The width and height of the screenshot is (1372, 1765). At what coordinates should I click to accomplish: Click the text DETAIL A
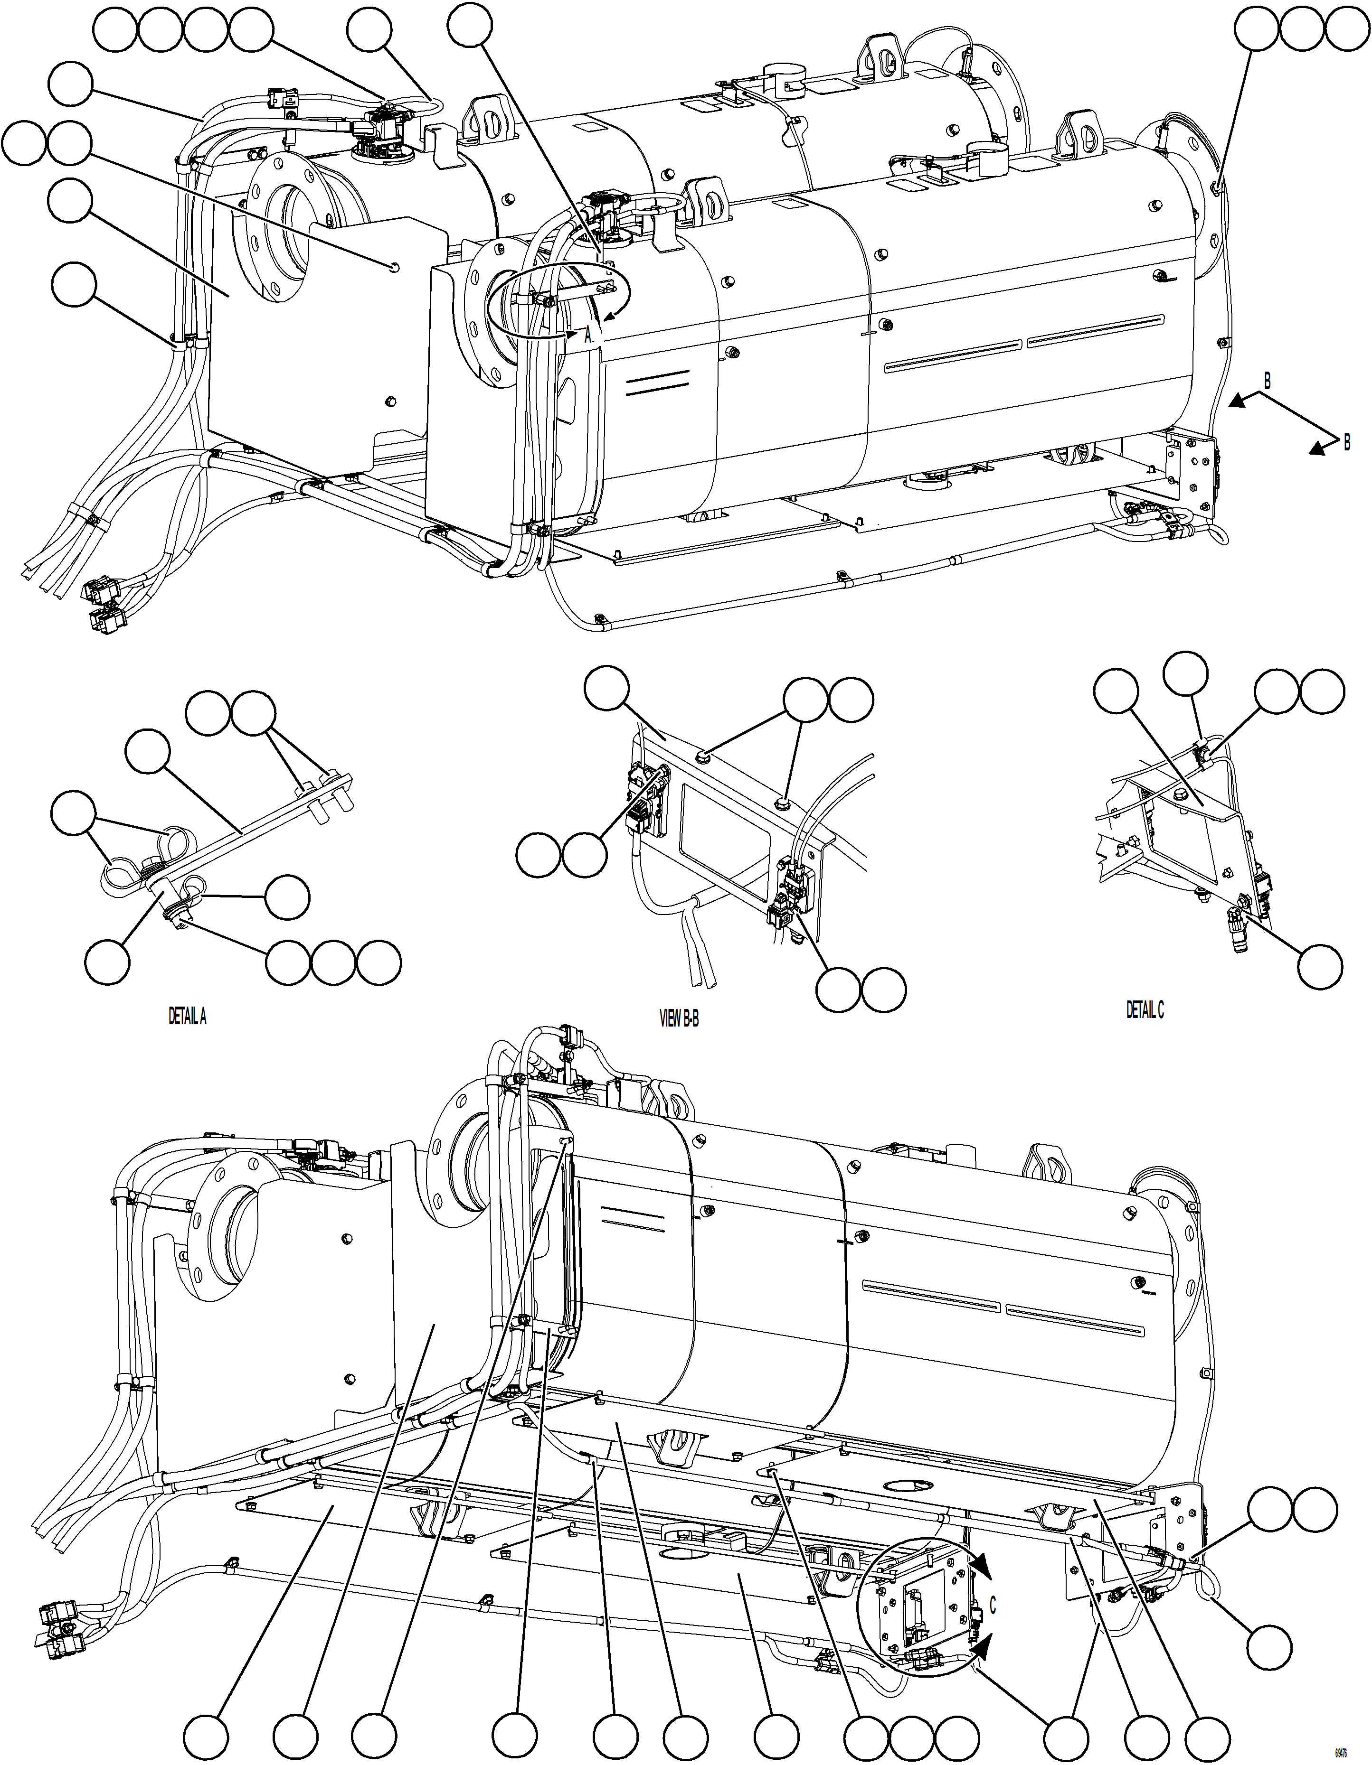pos(187,1017)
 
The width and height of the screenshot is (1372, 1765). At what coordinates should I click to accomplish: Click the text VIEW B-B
pos(679,1019)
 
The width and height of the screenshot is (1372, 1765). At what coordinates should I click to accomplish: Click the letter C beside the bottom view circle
pos(993,1605)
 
